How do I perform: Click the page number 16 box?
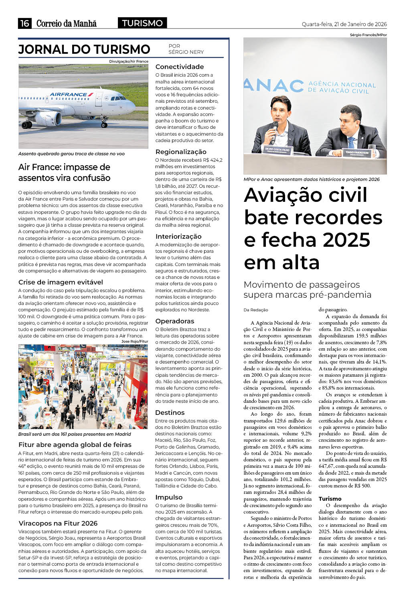pyautogui.click(x=24, y=23)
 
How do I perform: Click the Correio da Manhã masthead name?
pyautogui.click(x=67, y=23)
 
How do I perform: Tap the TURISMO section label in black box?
pyautogui.click(x=142, y=23)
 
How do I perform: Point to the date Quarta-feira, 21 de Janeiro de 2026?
pyautogui.click(x=344, y=24)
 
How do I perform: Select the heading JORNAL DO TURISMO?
pyautogui.click(x=84, y=49)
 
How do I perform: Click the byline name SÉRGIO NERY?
pyautogui.click(x=186, y=52)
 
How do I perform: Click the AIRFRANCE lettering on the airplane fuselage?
pyautogui.click(x=69, y=95)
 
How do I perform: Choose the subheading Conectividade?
pyautogui.click(x=179, y=67)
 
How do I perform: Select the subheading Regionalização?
pyautogui.click(x=181, y=152)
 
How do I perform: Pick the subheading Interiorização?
pyautogui.click(x=178, y=236)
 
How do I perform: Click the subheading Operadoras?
pyautogui.click(x=174, y=321)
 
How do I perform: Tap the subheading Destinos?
pyautogui.click(x=170, y=412)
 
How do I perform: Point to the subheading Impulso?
pyautogui.click(x=169, y=497)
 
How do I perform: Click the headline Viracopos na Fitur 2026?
pyautogui.click(x=58, y=523)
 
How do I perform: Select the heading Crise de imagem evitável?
pyautogui.click(x=61, y=282)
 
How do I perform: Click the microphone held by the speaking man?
pyautogui.click(x=275, y=126)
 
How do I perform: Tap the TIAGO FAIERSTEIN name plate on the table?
pyautogui.click(x=356, y=152)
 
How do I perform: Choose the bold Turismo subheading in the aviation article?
pyautogui.click(x=330, y=499)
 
